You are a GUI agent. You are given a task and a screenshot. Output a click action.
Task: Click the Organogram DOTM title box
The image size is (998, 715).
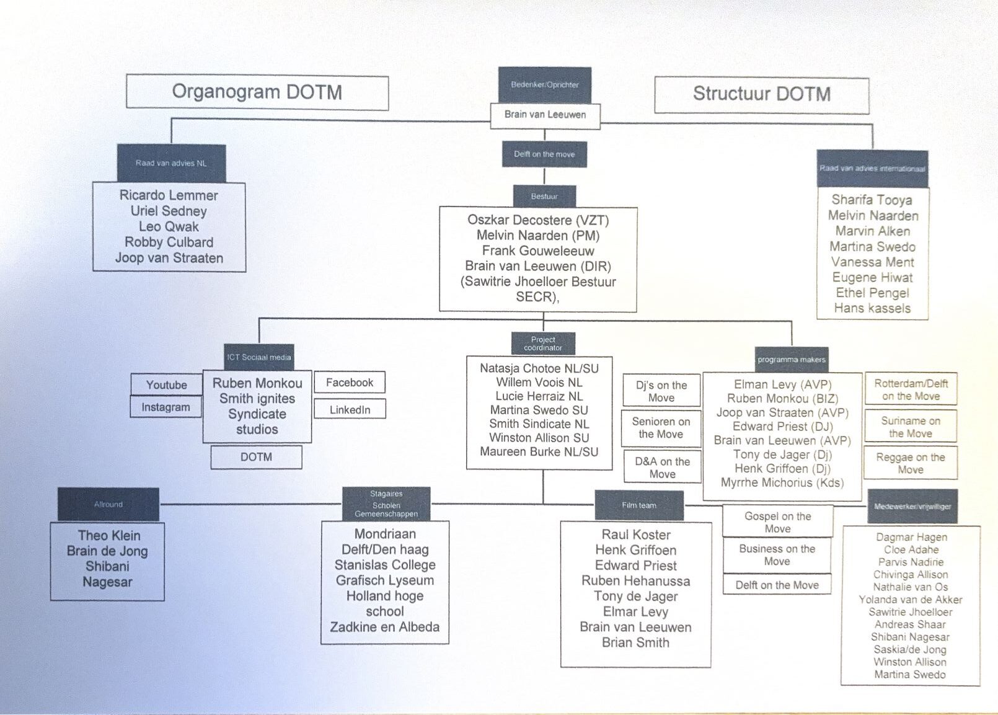tap(257, 92)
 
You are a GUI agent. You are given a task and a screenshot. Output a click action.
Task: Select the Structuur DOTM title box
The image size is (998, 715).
tap(761, 94)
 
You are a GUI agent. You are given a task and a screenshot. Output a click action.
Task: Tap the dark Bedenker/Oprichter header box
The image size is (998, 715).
tap(545, 85)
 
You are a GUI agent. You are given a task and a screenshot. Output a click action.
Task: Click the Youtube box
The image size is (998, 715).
tap(166, 385)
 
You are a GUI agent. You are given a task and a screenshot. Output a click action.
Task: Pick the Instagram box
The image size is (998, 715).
tap(166, 407)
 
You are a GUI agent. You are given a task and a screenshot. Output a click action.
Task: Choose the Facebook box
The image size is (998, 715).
tap(350, 383)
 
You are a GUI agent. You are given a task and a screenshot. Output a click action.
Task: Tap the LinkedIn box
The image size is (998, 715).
tap(350, 410)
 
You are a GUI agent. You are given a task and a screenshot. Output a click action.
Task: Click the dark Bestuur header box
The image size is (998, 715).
tap(544, 197)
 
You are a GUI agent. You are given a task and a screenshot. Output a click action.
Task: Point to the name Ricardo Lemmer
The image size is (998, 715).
tap(169, 195)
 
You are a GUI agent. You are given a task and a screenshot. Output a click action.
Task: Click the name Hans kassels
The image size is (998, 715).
tap(872, 308)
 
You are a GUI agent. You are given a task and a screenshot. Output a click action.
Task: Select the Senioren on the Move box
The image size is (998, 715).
tap(661, 428)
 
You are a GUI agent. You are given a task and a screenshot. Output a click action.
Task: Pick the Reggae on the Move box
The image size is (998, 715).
tap(910, 463)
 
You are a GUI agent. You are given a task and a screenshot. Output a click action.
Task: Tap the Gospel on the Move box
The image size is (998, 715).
tap(777, 522)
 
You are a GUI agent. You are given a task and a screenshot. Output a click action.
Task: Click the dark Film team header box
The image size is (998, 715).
tap(639, 505)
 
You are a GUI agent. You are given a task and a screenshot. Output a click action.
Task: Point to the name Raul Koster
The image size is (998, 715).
tap(636, 535)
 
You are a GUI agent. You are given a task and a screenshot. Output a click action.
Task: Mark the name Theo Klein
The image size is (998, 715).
tap(109, 535)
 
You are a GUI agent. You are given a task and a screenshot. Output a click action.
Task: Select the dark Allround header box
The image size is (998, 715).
tap(108, 504)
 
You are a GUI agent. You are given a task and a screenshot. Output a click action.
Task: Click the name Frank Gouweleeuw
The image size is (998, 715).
tap(538, 251)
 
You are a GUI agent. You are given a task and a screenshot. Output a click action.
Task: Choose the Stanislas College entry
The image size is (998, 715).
tap(385, 565)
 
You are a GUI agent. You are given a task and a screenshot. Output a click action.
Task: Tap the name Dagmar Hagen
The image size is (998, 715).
tap(911, 538)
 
